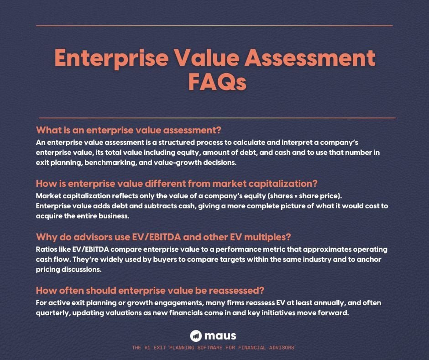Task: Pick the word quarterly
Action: pos(55,313)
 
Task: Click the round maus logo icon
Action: pos(196,336)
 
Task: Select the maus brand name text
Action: pos(221,336)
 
